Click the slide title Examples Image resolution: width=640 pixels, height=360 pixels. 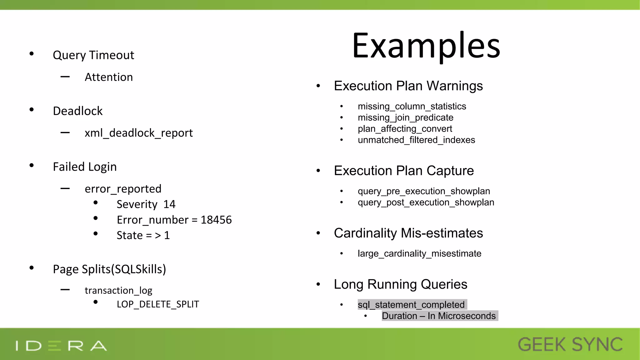(x=426, y=46)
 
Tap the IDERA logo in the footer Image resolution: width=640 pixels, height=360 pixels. (x=61, y=346)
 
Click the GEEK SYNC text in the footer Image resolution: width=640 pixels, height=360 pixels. (x=570, y=345)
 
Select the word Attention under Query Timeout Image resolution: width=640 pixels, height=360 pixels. (x=109, y=77)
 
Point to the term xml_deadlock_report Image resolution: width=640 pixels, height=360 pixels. (x=138, y=133)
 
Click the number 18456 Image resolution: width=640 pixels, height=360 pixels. (x=216, y=220)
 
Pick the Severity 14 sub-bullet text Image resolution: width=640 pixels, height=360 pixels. (x=146, y=204)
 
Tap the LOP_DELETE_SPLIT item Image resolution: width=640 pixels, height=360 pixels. (x=158, y=304)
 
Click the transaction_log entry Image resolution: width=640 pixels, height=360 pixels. (x=118, y=291)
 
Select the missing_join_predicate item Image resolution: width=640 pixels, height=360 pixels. (x=405, y=118)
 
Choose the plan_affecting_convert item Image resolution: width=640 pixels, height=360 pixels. (x=405, y=129)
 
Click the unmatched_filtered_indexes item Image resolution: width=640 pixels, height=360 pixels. (x=416, y=140)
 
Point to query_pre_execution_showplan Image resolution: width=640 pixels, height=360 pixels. (x=424, y=191)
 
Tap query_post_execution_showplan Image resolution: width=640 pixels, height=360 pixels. (x=426, y=202)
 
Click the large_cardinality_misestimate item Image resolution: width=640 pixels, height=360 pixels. (x=419, y=254)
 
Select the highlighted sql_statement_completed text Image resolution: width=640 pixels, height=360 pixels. (x=411, y=305)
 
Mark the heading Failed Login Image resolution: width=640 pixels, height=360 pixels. (x=85, y=167)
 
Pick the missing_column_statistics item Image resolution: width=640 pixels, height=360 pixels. (x=412, y=107)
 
